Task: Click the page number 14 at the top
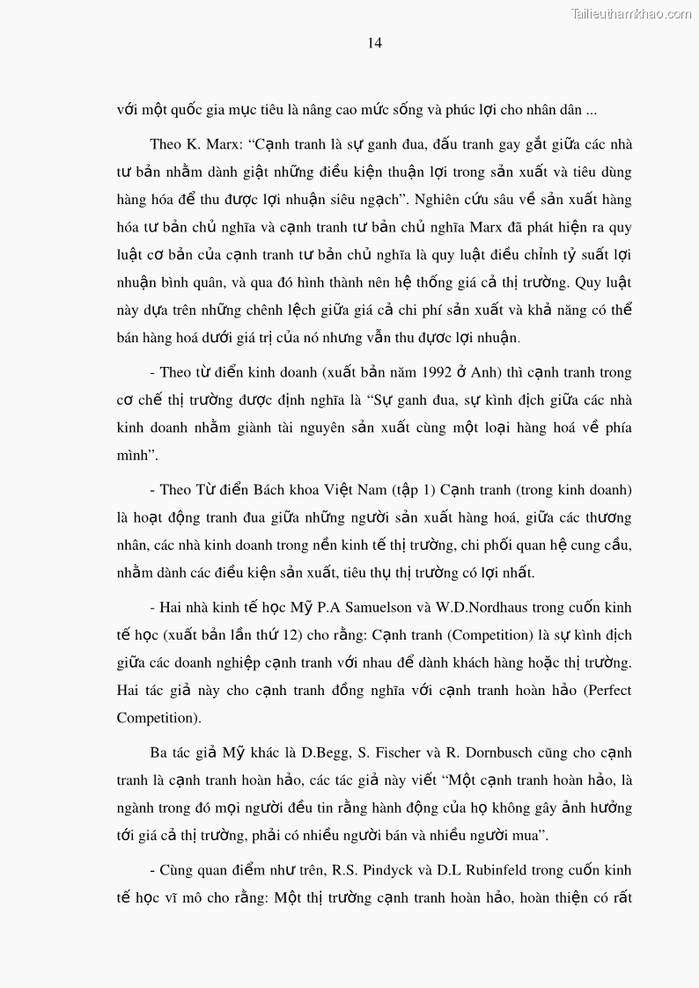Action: click(374, 43)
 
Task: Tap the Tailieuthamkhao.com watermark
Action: click(631, 13)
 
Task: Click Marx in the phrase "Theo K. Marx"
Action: click(224, 144)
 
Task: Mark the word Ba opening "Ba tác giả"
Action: click(158, 753)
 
